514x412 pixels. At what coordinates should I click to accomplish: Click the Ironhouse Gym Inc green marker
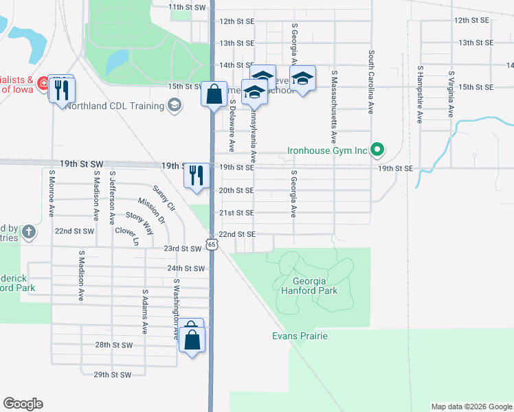(x=377, y=148)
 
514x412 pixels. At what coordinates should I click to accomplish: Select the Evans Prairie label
(x=299, y=336)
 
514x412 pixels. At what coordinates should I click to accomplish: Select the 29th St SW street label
(x=113, y=374)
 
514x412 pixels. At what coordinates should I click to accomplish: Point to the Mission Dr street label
(x=151, y=211)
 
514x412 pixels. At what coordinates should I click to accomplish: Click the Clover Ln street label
(x=127, y=237)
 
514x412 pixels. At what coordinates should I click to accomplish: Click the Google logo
(x=23, y=404)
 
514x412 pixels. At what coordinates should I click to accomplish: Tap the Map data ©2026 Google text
(x=471, y=407)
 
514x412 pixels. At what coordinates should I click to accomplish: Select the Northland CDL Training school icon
(x=175, y=105)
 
